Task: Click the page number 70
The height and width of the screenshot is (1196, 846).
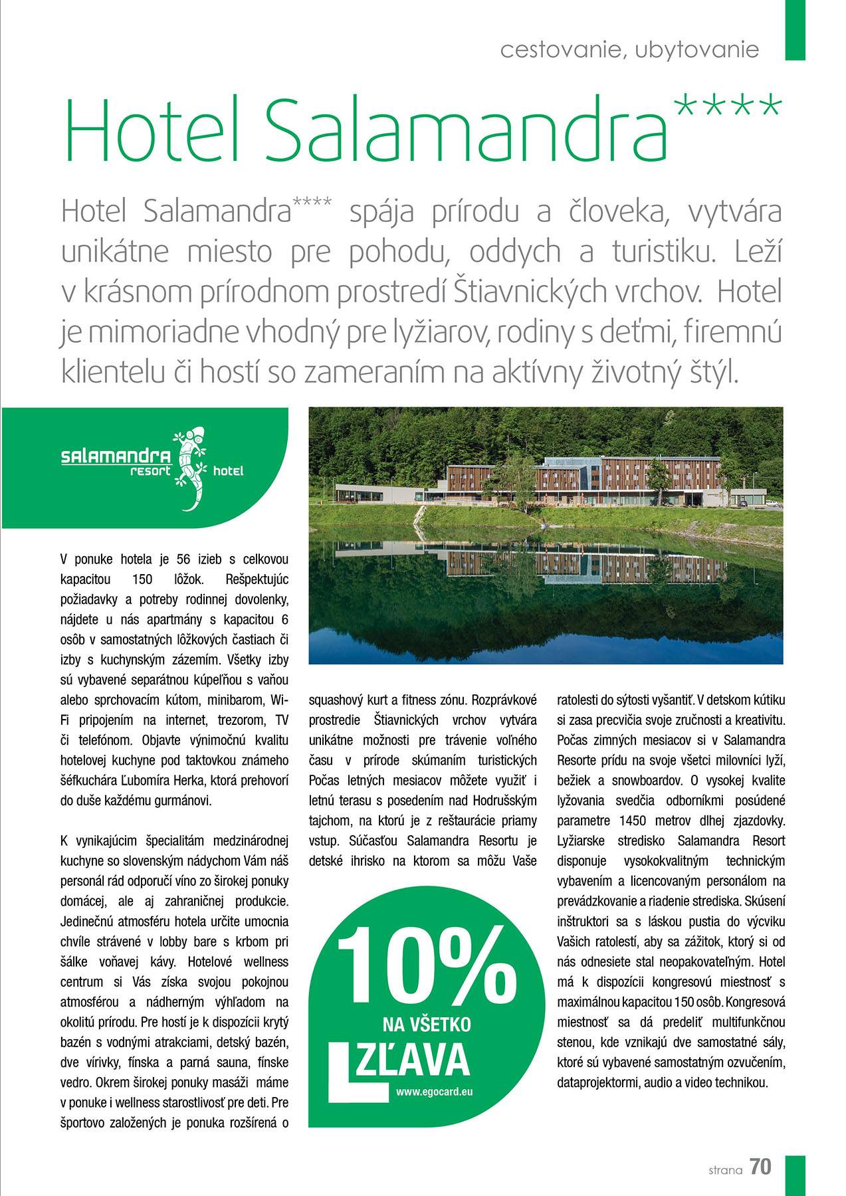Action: click(x=761, y=1167)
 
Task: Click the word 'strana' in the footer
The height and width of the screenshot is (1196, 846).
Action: click(x=724, y=1170)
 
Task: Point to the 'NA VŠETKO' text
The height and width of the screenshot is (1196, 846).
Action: click(x=427, y=1023)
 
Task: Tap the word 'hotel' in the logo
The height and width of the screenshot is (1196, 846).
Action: click(x=228, y=471)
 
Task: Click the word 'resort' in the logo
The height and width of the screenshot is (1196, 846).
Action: click(x=150, y=471)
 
